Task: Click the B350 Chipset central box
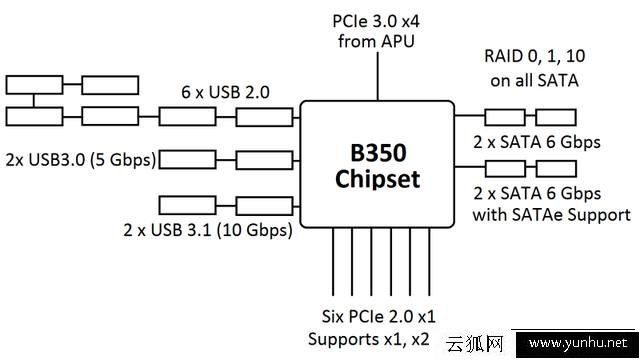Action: coord(376,165)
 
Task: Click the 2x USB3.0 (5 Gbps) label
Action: coord(77,159)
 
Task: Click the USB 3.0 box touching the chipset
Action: coord(265,158)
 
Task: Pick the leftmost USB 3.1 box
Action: coord(187,207)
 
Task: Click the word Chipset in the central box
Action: coord(376,182)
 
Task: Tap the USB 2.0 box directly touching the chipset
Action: coord(265,116)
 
